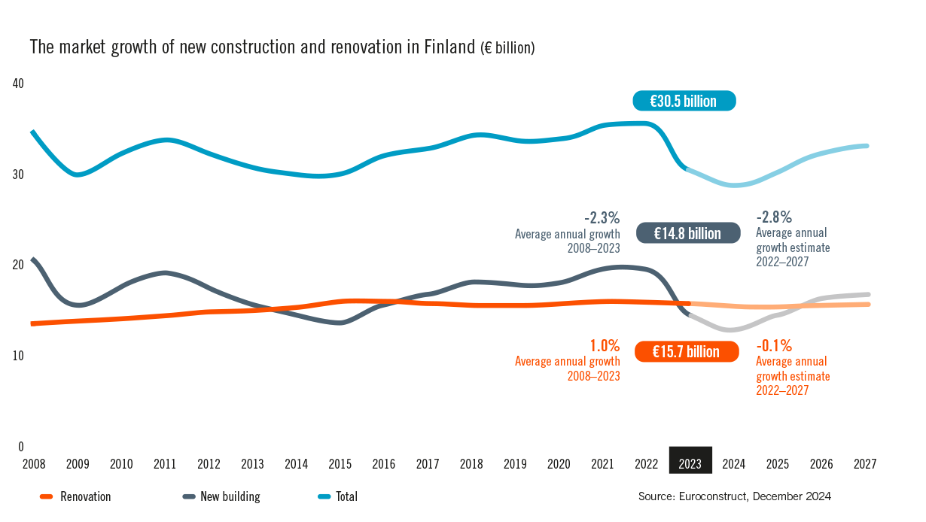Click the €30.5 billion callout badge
click(x=684, y=101)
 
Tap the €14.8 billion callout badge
click(x=687, y=233)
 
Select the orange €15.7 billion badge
click(x=686, y=351)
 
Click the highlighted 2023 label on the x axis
click(x=690, y=464)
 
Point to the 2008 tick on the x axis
click(x=33, y=464)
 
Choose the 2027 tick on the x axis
click(x=865, y=464)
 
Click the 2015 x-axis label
click(x=340, y=464)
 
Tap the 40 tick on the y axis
click(x=19, y=83)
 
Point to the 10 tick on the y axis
click(x=19, y=356)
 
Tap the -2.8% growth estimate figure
click(x=774, y=217)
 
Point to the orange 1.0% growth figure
click(x=605, y=346)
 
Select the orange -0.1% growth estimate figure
click(x=774, y=346)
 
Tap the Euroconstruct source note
click(x=734, y=496)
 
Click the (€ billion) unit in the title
click(x=507, y=48)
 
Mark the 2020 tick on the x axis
click(x=559, y=464)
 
